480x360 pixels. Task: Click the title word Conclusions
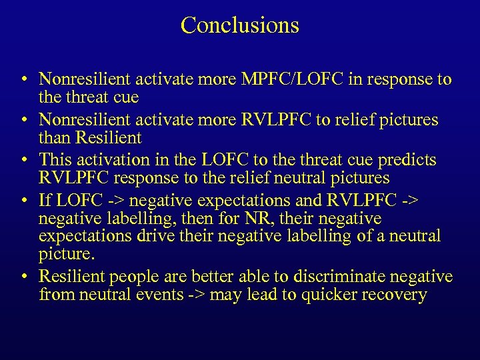pyautogui.click(x=239, y=25)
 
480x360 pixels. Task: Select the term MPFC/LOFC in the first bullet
pyautogui.click(x=294, y=80)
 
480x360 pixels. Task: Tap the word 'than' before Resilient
pyautogui.click(x=55, y=138)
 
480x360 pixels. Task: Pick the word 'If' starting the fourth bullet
pyautogui.click(x=45, y=200)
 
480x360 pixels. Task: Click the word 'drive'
pyautogui.click(x=155, y=236)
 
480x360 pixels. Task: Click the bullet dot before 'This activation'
pyautogui.click(x=24, y=161)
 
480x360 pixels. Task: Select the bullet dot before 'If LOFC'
pyautogui.click(x=24, y=201)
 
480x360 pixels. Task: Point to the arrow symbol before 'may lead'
pyautogui.click(x=197, y=295)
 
